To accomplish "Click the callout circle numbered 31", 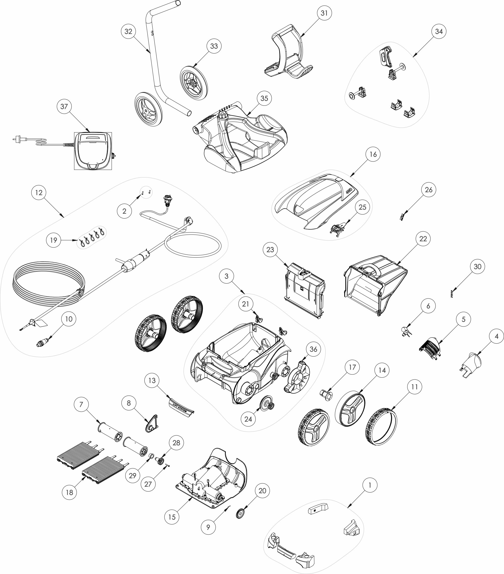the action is (x=324, y=13).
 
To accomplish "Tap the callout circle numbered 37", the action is (x=64, y=106).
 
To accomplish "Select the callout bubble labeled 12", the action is (x=39, y=193).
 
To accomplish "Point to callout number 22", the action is (x=423, y=239).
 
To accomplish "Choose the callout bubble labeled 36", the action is (x=313, y=349).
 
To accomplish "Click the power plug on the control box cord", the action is (x=17, y=139).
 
